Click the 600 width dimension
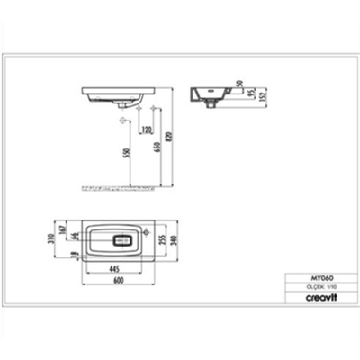coord(117,280)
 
